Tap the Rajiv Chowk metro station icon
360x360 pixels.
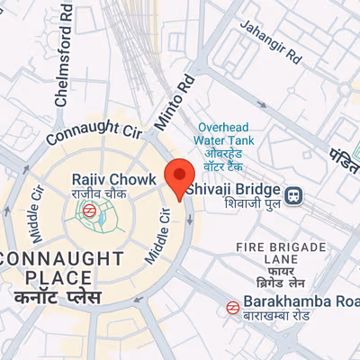tap(89, 211)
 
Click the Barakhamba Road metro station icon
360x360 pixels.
tap(232, 307)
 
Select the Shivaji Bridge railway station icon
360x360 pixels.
tap(293, 193)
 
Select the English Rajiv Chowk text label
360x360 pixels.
tap(102, 178)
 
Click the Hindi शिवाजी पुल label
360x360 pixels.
tap(231, 205)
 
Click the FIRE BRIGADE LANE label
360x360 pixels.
tap(280, 254)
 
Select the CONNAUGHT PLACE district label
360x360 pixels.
tap(60, 267)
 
